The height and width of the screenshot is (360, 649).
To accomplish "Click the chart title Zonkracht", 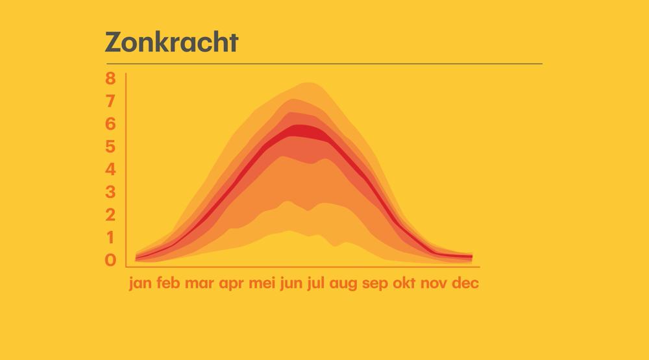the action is coord(172,42).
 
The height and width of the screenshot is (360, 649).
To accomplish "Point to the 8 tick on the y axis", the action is coord(110,78).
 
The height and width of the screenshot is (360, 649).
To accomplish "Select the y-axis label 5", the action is coord(110,147).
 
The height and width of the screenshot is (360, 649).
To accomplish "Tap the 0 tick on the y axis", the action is coord(110,260).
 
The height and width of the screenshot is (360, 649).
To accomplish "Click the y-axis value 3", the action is coord(110,192).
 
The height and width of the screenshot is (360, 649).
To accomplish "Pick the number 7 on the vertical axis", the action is coord(110,101).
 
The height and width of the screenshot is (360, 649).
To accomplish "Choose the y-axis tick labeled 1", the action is coord(110,237).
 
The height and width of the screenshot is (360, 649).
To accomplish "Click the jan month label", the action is coord(140,283).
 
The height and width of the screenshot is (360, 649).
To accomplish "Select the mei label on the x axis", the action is coord(262,283).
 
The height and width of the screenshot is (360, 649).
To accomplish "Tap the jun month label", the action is coord(291,283).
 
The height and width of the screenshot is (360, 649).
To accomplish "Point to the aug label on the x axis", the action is coord(343,283).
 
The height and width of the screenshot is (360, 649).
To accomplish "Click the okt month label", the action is coord(404,283).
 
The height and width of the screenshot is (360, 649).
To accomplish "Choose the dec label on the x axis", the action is coord(465,283).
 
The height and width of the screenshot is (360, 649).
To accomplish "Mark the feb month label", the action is coord(168,283).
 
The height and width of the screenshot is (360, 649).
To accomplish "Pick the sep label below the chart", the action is coord(375,283).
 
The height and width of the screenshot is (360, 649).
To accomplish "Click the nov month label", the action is coord(434,283).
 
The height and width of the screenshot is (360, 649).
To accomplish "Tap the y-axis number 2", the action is coord(110,215).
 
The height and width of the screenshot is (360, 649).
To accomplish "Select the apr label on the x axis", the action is coord(232,283).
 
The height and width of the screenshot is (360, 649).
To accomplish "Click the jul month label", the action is coord(316,283).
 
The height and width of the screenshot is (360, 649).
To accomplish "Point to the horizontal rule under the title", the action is coord(324,64).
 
